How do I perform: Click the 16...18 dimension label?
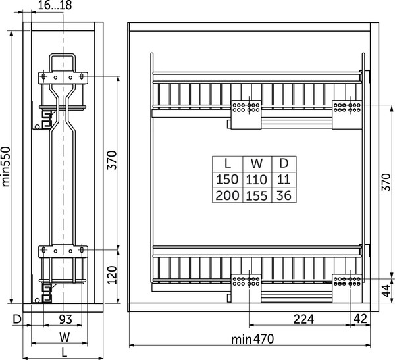(55, 5)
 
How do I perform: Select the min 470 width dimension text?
(252, 339)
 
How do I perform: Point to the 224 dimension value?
(303, 319)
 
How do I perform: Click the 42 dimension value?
(360, 319)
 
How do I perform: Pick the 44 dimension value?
(386, 291)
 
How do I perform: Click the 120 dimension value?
(112, 275)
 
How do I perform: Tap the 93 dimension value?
(66, 319)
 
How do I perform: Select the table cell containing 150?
(227, 180)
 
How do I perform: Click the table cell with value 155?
(257, 195)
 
